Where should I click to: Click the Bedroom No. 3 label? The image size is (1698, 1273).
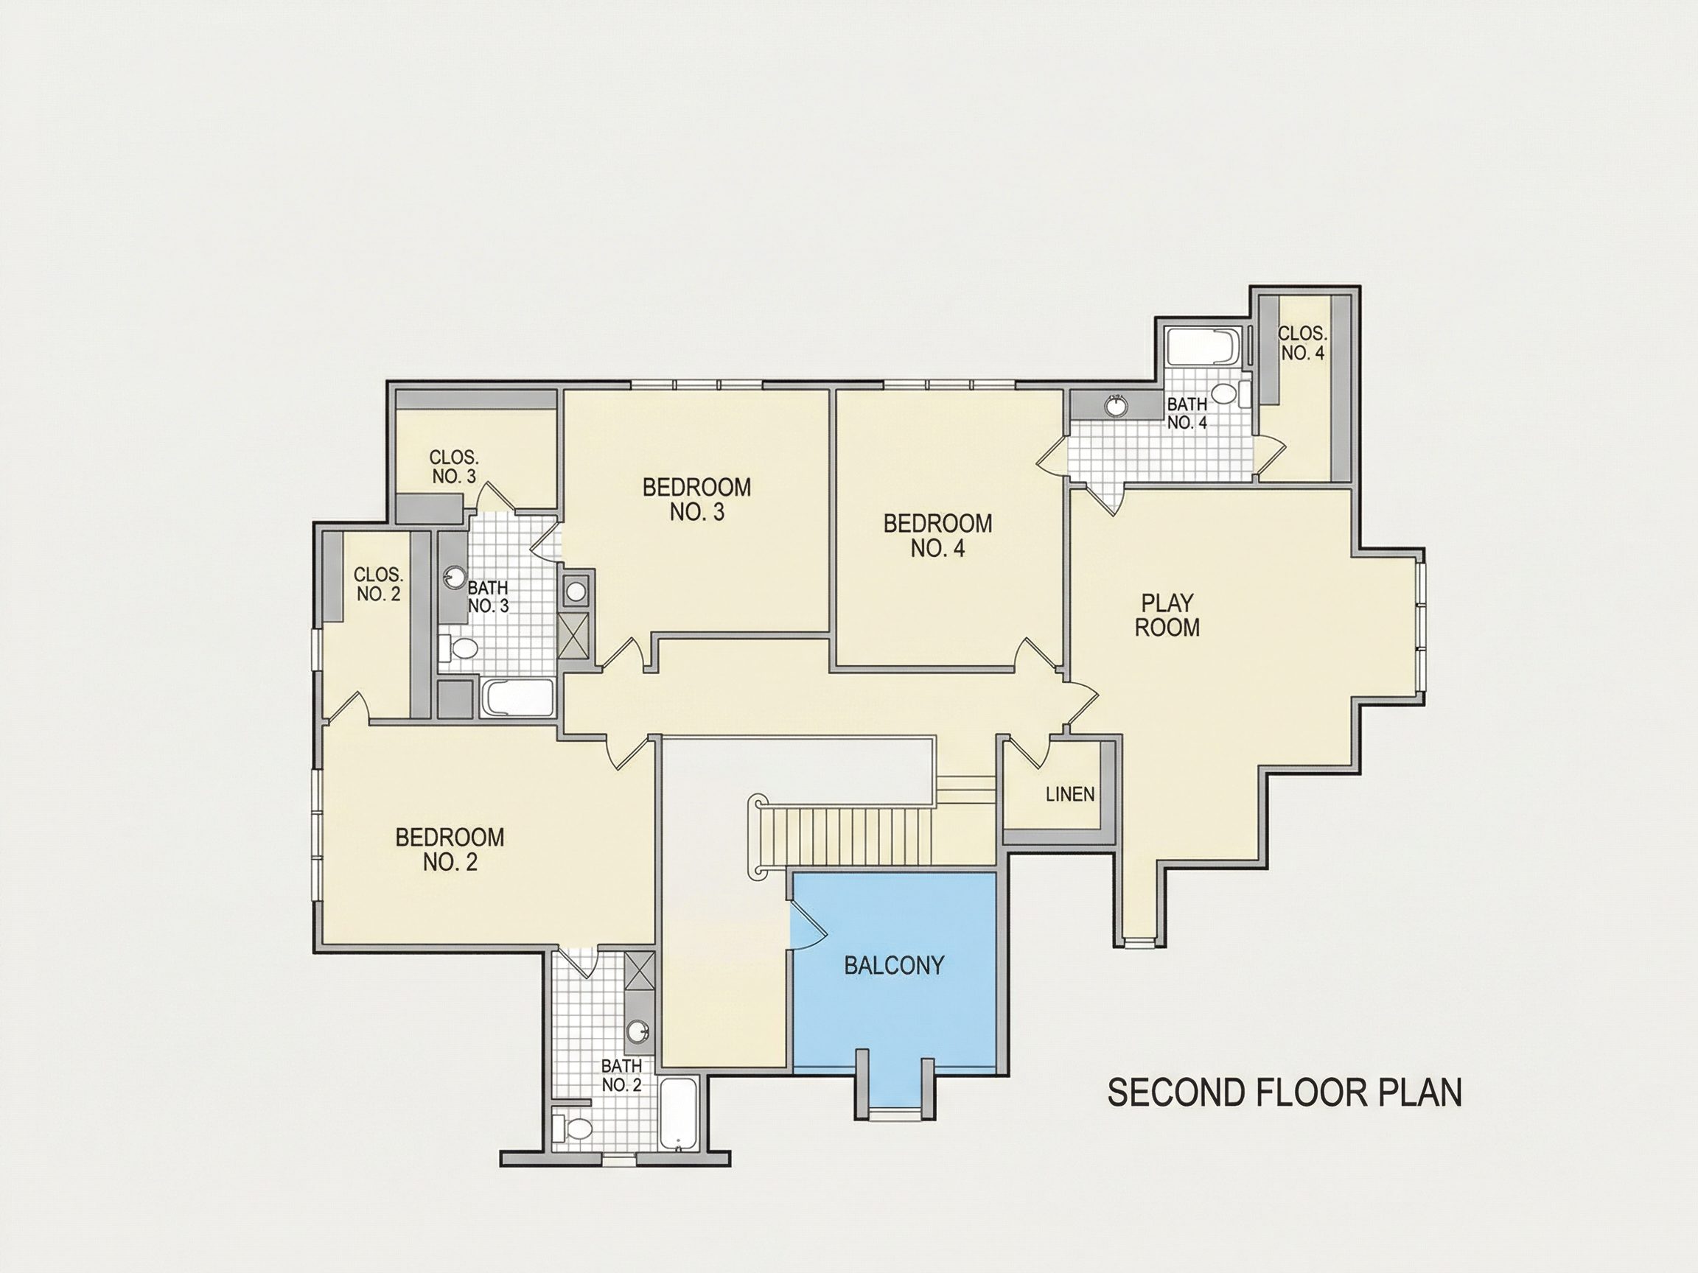[x=696, y=499]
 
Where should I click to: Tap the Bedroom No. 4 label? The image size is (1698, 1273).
[x=937, y=536]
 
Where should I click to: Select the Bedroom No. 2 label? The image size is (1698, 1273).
[x=450, y=849]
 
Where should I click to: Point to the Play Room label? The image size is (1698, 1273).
[x=1167, y=615]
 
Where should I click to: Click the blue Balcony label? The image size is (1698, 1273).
[x=893, y=965]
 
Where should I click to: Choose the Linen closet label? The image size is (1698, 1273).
[x=1070, y=794]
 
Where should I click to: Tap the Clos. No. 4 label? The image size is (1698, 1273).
[x=1302, y=343]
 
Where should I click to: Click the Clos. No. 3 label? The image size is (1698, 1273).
[x=454, y=466]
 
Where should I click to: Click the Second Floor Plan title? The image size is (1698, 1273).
[x=1285, y=1093]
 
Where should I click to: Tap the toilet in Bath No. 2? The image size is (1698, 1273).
[x=573, y=1129]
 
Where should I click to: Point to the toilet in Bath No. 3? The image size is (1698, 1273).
[x=459, y=648]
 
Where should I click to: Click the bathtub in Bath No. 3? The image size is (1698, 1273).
[x=518, y=698]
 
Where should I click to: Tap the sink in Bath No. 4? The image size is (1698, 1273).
[x=1115, y=404]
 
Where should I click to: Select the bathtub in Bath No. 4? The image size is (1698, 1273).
[x=1203, y=348]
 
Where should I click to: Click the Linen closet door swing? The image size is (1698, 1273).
[x=1029, y=751]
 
